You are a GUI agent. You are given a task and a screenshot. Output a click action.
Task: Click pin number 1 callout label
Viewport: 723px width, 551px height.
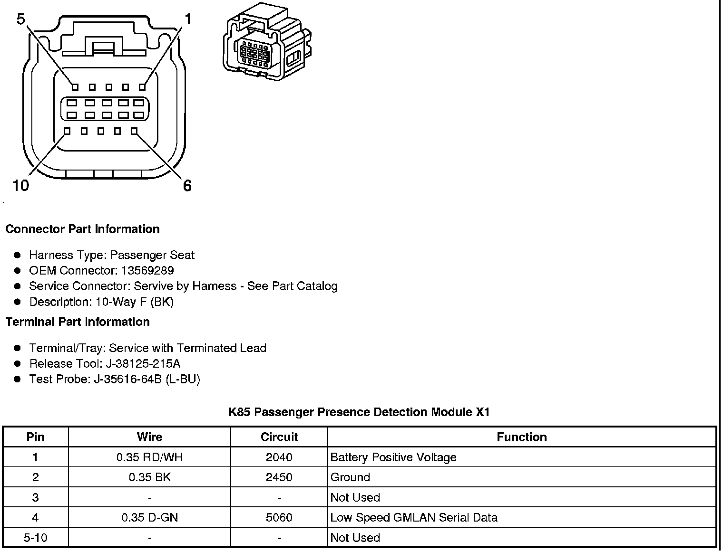(x=188, y=19)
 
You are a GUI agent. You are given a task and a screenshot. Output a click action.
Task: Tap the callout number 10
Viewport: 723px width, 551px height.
(x=21, y=186)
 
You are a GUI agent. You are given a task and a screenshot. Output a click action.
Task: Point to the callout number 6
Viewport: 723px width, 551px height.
(x=187, y=186)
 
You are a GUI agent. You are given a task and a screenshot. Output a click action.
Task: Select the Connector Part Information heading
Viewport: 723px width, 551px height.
(x=82, y=229)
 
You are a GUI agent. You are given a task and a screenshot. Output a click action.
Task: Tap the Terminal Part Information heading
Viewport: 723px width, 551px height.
(x=78, y=322)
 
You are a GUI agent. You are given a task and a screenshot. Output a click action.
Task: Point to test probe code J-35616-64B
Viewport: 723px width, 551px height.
(x=128, y=380)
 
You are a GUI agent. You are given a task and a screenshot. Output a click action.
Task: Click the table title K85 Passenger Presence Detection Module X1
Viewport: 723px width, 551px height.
(x=359, y=412)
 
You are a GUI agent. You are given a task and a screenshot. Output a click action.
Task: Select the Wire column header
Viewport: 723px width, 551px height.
(x=149, y=437)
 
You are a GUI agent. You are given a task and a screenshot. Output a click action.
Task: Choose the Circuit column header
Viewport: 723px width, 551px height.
(x=279, y=437)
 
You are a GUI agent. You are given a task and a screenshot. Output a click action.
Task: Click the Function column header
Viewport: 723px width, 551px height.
(x=522, y=437)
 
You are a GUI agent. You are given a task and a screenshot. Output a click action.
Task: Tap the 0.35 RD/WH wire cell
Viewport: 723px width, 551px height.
(x=149, y=457)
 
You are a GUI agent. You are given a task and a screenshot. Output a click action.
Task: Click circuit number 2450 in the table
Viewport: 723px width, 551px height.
(x=279, y=477)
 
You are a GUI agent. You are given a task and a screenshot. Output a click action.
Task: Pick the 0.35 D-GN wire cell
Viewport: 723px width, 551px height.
(x=149, y=518)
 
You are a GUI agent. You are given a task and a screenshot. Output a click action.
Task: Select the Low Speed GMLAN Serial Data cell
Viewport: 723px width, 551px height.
(x=414, y=518)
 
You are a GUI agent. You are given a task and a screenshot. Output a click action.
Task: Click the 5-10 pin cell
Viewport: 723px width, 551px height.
(x=36, y=538)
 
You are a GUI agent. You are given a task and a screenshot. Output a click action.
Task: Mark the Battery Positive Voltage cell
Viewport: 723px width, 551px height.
(x=393, y=457)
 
